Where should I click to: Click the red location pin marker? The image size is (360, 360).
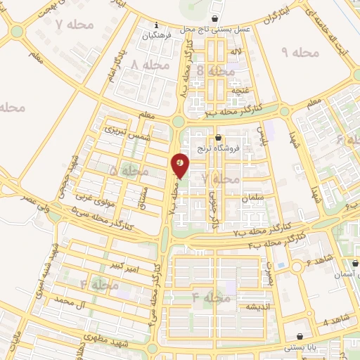181,165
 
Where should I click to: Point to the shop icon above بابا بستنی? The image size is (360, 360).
301,336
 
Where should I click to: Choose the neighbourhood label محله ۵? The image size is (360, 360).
124,171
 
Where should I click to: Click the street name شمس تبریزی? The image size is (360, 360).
128,132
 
